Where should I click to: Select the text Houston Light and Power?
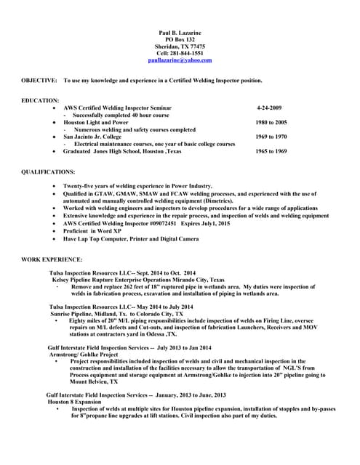point(95,123)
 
